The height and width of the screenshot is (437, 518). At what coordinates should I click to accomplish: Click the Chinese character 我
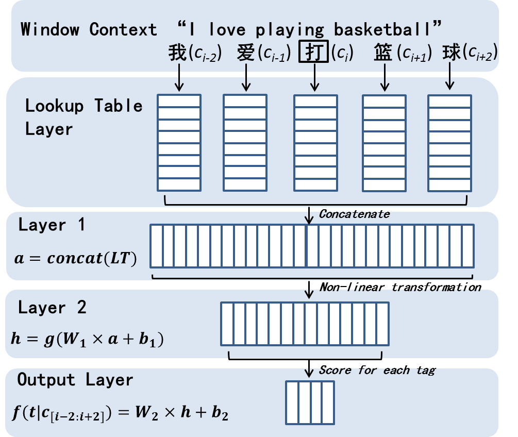[177, 53]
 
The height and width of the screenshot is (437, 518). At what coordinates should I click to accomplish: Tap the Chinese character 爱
[246, 53]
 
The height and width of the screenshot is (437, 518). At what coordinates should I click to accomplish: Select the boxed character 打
[313, 53]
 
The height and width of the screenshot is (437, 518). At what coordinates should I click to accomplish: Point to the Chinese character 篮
[383, 53]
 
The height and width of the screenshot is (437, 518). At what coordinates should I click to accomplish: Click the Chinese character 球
[452, 52]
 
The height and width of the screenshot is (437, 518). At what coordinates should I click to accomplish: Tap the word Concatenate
[354, 213]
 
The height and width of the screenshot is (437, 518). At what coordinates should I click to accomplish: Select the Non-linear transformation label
[400, 287]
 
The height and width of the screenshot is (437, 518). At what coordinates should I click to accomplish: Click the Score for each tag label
[377, 370]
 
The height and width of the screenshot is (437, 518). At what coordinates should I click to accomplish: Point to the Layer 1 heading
[52, 225]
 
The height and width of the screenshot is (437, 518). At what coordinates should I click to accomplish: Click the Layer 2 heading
[52, 308]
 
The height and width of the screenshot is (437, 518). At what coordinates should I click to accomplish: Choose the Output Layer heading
[75, 380]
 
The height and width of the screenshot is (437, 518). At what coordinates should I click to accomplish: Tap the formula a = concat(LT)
[75, 258]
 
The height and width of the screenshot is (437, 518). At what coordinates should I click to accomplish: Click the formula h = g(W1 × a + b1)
[87, 340]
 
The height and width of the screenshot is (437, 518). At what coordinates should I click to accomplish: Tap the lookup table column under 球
[449, 142]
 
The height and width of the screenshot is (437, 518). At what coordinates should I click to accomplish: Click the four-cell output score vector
[310, 402]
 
